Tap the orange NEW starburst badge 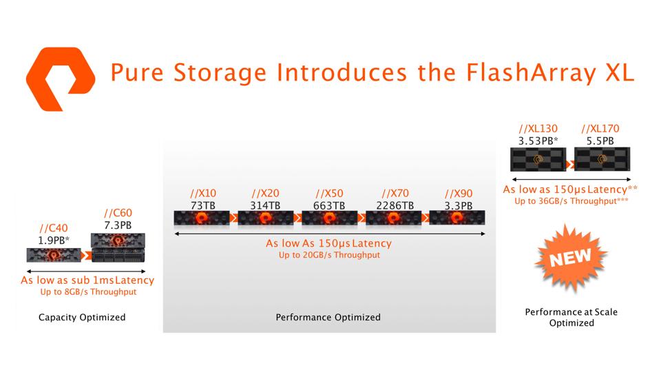(571, 258)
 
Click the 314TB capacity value (265, 205)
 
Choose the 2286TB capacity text (395, 205)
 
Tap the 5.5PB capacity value (600, 141)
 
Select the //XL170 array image (602, 160)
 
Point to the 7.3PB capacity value (117, 225)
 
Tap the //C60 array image (118, 249)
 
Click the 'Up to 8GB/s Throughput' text (88, 292)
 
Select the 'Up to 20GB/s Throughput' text (329, 255)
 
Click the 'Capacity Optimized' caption (82, 318)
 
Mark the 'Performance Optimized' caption (328, 318)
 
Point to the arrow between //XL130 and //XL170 (570, 164)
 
